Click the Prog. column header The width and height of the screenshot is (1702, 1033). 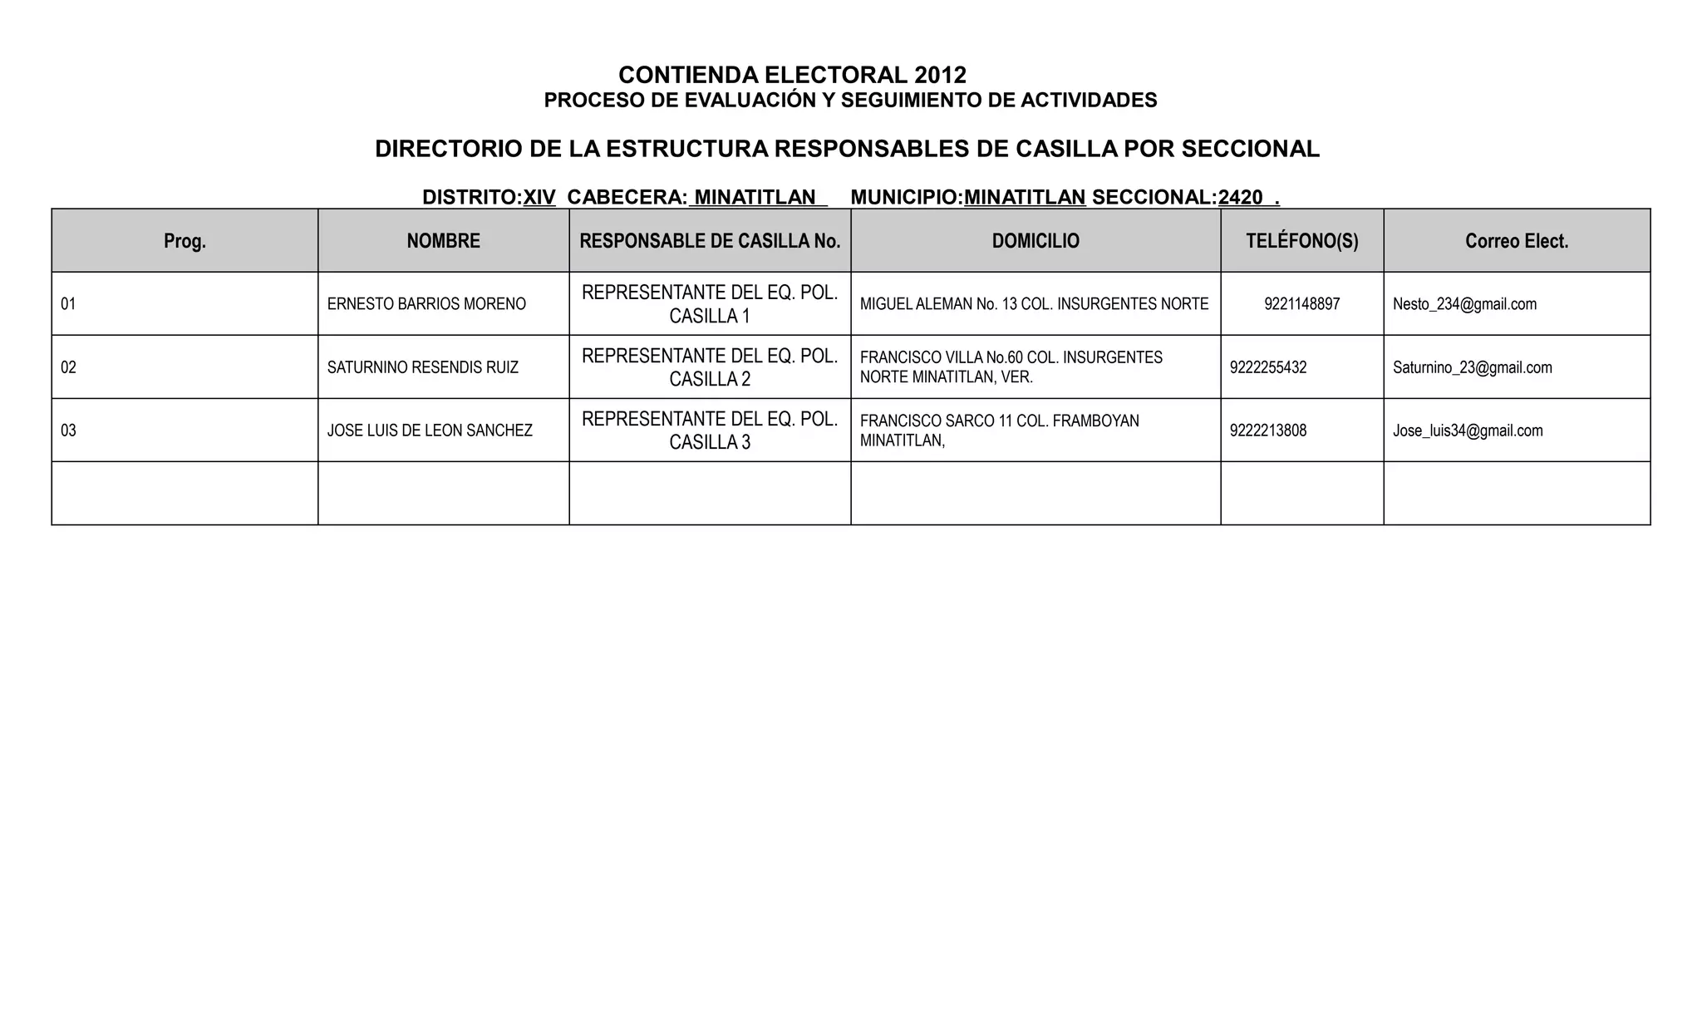pyautogui.click(x=184, y=241)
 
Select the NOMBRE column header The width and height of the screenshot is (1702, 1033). pyautogui.click(x=443, y=241)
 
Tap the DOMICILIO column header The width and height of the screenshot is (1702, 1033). pyautogui.click(x=1035, y=241)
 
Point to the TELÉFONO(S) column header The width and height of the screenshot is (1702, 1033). pyautogui.click(x=1301, y=241)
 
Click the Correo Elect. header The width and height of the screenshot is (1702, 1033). pyautogui.click(x=1517, y=241)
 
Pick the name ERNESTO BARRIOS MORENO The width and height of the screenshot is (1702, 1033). pyautogui.click(x=426, y=304)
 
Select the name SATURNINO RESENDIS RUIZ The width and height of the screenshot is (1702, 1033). pyautogui.click(x=422, y=367)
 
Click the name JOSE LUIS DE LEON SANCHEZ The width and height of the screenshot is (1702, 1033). pyautogui.click(x=430, y=430)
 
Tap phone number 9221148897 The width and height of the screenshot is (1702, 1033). pyautogui.click(x=1301, y=304)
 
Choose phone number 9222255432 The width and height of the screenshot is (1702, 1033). pyautogui.click(x=1268, y=367)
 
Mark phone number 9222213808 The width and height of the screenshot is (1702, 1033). pyautogui.click(x=1268, y=430)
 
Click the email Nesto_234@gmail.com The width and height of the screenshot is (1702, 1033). pyautogui.click(x=1464, y=304)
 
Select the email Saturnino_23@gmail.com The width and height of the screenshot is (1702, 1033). pyautogui.click(x=1472, y=367)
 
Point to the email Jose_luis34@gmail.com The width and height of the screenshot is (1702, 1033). pyautogui.click(x=1468, y=430)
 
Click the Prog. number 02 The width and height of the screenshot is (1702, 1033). pyautogui.click(x=68, y=367)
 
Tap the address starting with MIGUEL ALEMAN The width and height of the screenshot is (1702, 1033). pyautogui.click(x=1034, y=304)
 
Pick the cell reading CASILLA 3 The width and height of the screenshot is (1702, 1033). pyautogui.click(x=710, y=442)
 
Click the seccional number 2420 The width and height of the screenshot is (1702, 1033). pyautogui.click(x=1240, y=198)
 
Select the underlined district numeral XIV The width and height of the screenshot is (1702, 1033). pyautogui.click(x=539, y=198)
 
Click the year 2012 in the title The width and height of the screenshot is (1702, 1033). pyautogui.click(x=940, y=76)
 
